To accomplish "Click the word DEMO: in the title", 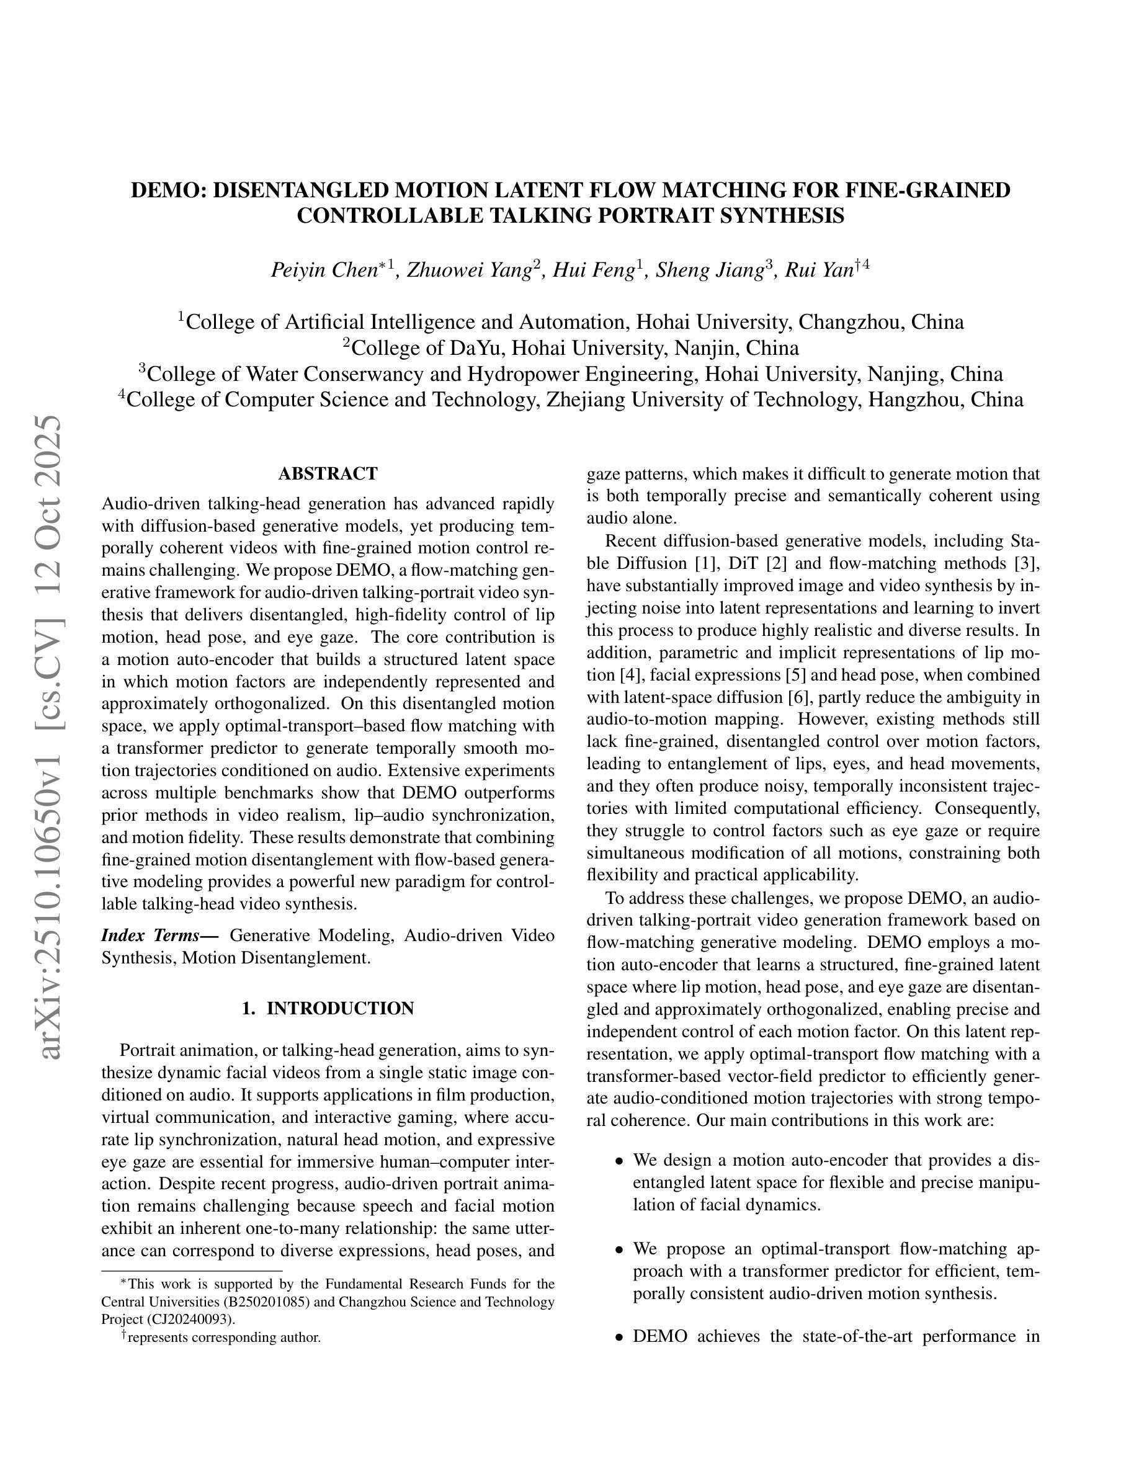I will (x=169, y=190).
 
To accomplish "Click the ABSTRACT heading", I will (x=328, y=474).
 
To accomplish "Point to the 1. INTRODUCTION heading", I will (x=328, y=1008).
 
